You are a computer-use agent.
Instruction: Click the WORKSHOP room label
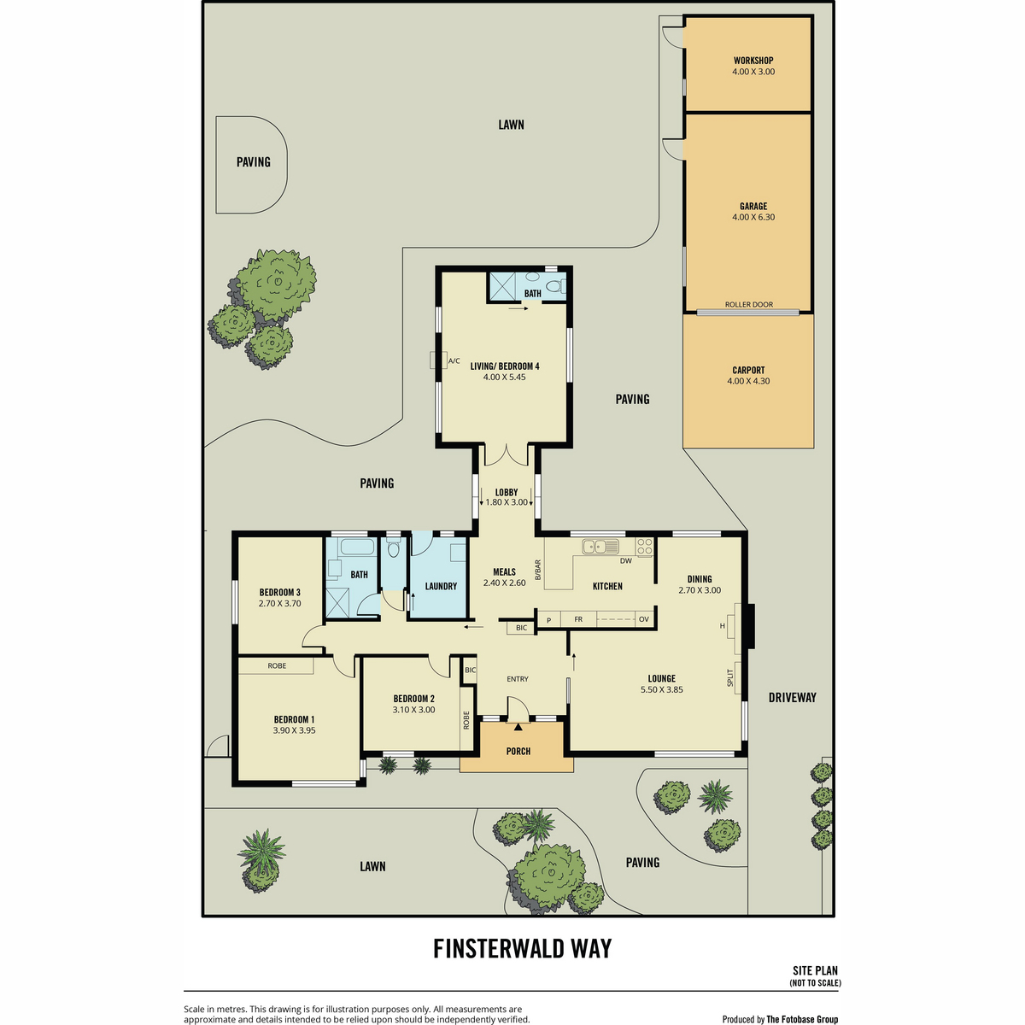pyautogui.click(x=753, y=61)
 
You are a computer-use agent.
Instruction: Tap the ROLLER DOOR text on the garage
pyautogui.click(x=749, y=305)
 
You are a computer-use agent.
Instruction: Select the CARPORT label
pyautogui.click(x=748, y=370)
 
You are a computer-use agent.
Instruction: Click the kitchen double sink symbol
pyautogui.click(x=600, y=547)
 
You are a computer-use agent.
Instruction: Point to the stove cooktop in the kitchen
pyautogui.click(x=645, y=547)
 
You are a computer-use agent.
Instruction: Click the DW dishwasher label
pyautogui.click(x=626, y=560)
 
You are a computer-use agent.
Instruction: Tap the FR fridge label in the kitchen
pyautogui.click(x=578, y=619)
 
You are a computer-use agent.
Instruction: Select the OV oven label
pyautogui.click(x=644, y=619)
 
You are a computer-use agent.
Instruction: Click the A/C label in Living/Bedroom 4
pyautogui.click(x=454, y=361)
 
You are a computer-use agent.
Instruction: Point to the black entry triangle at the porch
pyautogui.click(x=518, y=726)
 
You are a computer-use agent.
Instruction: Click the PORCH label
pyautogui.click(x=518, y=752)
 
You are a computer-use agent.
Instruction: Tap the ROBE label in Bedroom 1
pyautogui.click(x=277, y=666)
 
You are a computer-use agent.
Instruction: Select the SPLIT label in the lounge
pyautogui.click(x=729, y=678)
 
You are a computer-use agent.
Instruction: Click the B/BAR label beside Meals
pyautogui.click(x=538, y=571)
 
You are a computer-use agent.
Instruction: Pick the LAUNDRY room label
pyautogui.click(x=441, y=586)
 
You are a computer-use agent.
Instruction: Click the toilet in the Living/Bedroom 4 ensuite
pyautogui.click(x=555, y=286)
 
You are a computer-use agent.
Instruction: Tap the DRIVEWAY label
pyautogui.click(x=792, y=698)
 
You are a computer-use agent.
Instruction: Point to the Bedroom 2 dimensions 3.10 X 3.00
pyautogui.click(x=413, y=710)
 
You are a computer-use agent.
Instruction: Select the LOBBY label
pyautogui.click(x=507, y=493)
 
